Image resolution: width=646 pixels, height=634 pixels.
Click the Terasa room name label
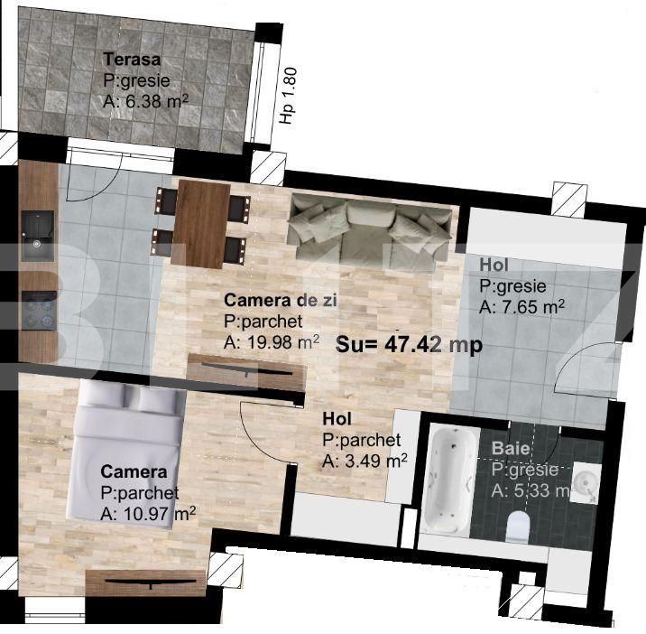132,60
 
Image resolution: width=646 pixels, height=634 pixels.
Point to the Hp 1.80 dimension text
289,96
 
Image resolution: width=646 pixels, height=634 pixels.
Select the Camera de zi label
281,301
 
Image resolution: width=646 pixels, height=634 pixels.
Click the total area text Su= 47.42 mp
409,344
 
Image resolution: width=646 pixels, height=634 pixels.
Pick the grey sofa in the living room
370,233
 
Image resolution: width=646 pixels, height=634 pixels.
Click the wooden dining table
201,224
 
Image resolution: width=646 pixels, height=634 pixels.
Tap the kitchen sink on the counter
38,237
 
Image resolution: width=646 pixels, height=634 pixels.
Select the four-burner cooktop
39,311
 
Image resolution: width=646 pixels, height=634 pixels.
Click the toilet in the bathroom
517,527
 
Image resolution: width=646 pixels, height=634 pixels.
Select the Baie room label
511,448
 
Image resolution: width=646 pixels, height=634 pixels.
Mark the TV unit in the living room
247,372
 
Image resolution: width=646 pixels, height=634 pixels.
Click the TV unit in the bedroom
146,583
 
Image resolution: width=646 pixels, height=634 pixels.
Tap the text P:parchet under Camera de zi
263,322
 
